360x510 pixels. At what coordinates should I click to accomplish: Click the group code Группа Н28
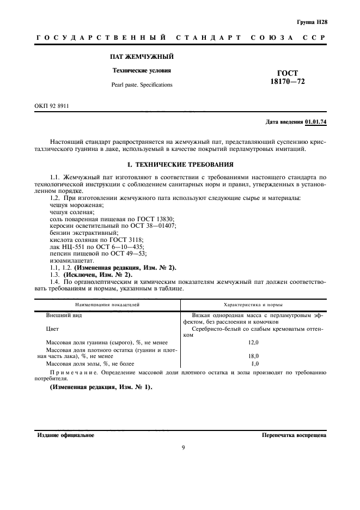pyautogui.click(x=312, y=22)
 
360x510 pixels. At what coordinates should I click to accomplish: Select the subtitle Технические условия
pyautogui.click(x=142, y=71)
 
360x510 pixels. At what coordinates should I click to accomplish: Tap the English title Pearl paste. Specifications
pyautogui.click(x=142, y=85)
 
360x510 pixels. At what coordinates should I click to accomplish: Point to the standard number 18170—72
pyautogui.click(x=288, y=81)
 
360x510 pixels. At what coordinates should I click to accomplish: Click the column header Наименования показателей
pyautogui.click(x=107, y=305)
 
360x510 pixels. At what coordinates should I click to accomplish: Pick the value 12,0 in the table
pyautogui.click(x=253, y=342)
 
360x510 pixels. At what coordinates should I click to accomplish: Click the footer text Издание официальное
pyautogui.click(x=66, y=436)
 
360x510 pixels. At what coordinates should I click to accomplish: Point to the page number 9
pyautogui.click(x=183, y=448)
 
